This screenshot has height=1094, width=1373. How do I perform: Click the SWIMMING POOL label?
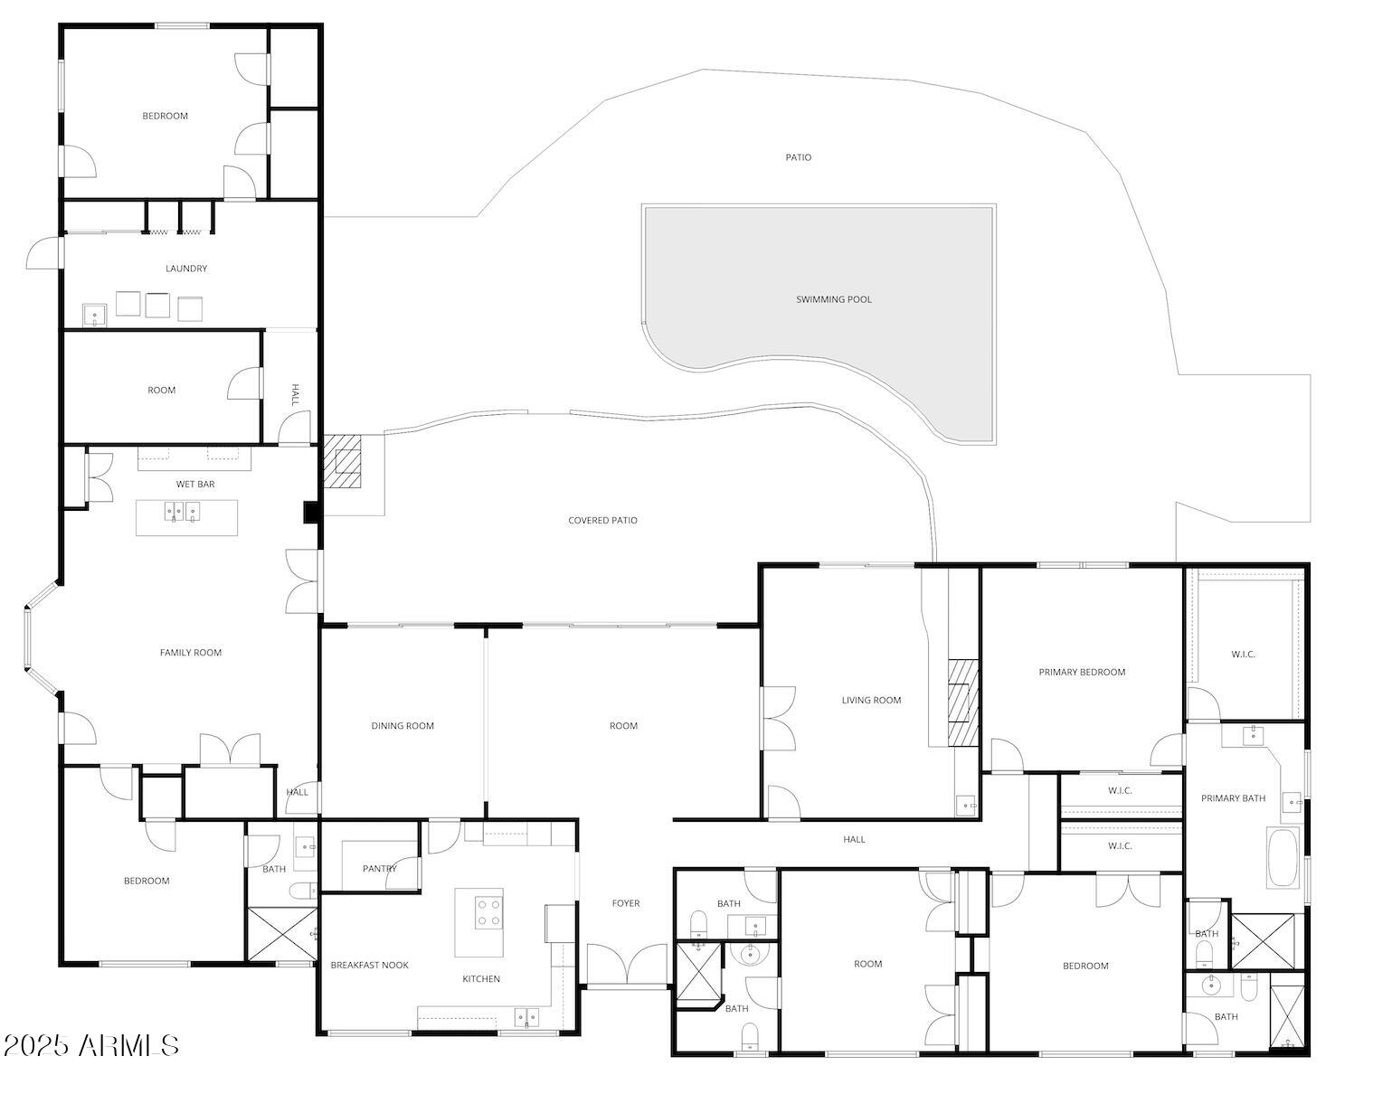pyautogui.click(x=833, y=299)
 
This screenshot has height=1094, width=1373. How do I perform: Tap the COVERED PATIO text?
pyautogui.click(x=602, y=521)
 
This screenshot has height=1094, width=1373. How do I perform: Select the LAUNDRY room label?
pyautogui.click(x=186, y=269)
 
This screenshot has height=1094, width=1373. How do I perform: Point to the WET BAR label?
pyautogui.click(x=195, y=485)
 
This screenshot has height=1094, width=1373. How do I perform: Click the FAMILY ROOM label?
pyautogui.click(x=190, y=653)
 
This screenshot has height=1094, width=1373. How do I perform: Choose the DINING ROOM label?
pyautogui.click(x=402, y=726)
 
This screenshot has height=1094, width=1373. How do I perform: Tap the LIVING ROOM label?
pyautogui.click(x=871, y=700)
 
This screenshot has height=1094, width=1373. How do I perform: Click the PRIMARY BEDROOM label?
pyautogui.click(x=1082, y=672)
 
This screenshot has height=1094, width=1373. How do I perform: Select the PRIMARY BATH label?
pyautogui.click(x=1233, y=798)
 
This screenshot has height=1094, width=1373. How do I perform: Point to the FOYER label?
pyautogui.click(x=625, y=903)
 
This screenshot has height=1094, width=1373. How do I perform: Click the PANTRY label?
pyautogui.click(x=380, y=869)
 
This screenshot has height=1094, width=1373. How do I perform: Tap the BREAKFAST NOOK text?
pyautogui.click(x=369, y=966)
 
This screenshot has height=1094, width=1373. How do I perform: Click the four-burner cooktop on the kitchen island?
pyautogui.click(x=489, y=911)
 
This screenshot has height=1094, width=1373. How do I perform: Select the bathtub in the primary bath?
pyautogui.click(x=1283, y=857)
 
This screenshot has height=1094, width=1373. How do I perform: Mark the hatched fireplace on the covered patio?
pyautogui.click(x=343, y=461)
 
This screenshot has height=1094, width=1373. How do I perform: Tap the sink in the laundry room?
pyautogui.click(x=94, y=315)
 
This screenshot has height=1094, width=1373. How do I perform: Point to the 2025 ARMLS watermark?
pyautogui.click(x=91, y=1045)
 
